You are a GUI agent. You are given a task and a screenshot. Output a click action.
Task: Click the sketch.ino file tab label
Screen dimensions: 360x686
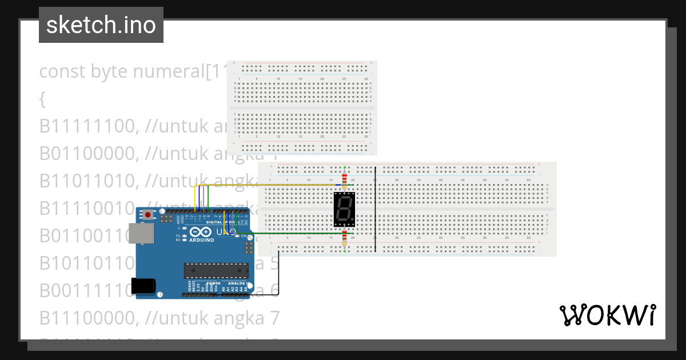coord(101,25)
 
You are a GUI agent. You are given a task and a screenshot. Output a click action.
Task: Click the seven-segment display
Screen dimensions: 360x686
coord(344,210)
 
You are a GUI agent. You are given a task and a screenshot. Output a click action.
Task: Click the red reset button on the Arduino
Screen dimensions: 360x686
coord(149,215)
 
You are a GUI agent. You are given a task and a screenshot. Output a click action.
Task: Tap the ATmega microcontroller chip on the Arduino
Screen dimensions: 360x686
coord(216,271)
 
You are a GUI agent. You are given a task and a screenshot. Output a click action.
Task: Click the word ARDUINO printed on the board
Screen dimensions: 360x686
coord(201,240)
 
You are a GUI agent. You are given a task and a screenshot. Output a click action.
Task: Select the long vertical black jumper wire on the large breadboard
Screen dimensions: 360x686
coord(375,209)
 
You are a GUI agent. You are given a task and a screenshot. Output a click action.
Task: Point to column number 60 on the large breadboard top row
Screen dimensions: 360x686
coord(529,180)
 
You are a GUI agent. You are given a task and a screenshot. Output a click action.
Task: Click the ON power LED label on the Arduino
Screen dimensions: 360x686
coord(244,236)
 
